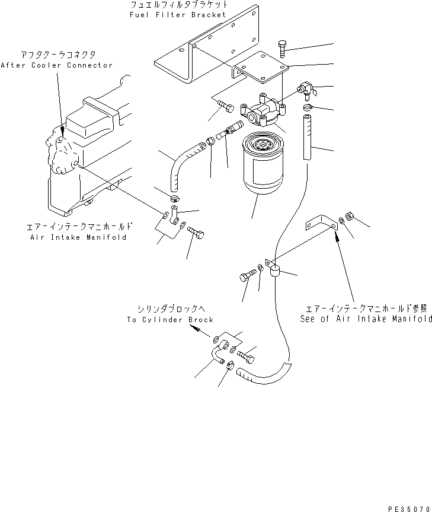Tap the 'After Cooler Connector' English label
pos(56,65)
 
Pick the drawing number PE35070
pos(409,508)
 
